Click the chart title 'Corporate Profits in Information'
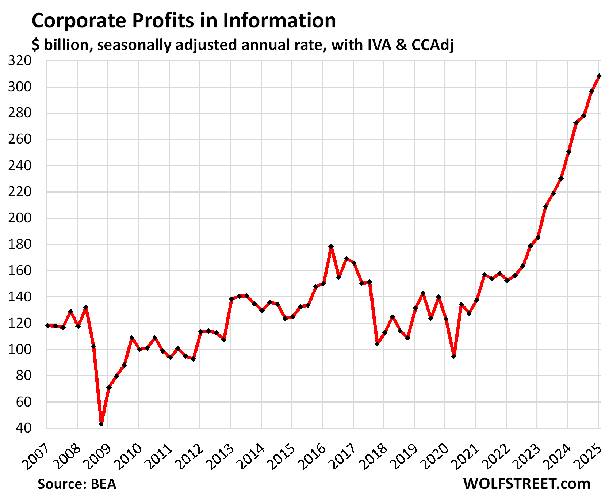pos(184,20)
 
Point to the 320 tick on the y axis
pos(22,61)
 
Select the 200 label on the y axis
pos(22,218)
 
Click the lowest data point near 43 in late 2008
pos(101,424)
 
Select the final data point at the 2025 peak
pos(599,76)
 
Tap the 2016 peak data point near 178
pos(331,247)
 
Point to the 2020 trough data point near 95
pos(453,356)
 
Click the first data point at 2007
pos(47,325)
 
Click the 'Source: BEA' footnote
pos(77,484)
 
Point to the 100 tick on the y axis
pos(22,349)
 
